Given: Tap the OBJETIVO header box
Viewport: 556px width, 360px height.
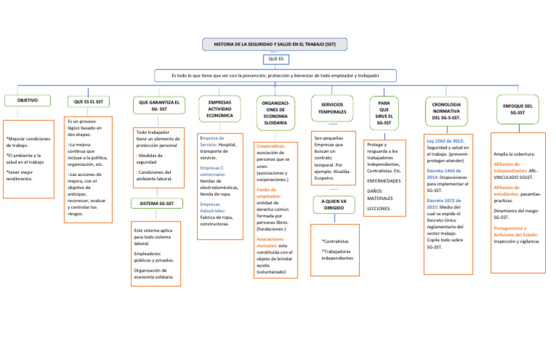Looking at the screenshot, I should click(x=28, y=100).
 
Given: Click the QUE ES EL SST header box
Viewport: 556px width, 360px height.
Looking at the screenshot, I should click(x=88, y=101).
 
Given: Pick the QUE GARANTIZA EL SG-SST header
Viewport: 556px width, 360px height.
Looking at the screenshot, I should click(x=155, y=106).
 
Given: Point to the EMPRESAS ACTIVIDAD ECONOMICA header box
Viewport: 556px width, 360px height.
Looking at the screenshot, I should click(x=219, y=109).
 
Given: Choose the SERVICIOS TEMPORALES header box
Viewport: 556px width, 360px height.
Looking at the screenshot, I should click(x=332, y=109).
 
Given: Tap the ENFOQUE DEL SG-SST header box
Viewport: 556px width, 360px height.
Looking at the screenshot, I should click(x=517, y=109).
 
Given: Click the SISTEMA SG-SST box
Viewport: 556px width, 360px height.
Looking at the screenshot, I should click(x=156, y=204).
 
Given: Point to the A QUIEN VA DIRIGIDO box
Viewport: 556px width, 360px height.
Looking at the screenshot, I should click(x=333, y=204).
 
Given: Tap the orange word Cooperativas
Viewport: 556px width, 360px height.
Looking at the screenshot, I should click(x=270, y=146).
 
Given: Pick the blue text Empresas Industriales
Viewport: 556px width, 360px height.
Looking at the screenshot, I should click(x=216, y=207).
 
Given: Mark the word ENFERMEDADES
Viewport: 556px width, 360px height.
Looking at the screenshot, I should click(x=384, y=181).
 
